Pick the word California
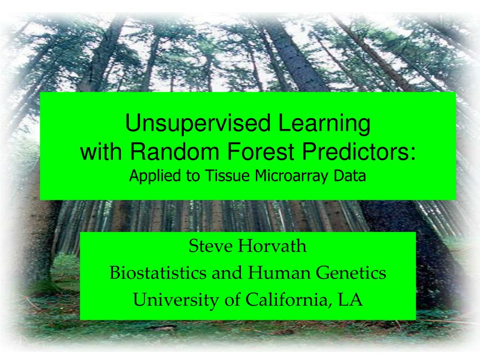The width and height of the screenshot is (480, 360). click(x=287, y=300)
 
